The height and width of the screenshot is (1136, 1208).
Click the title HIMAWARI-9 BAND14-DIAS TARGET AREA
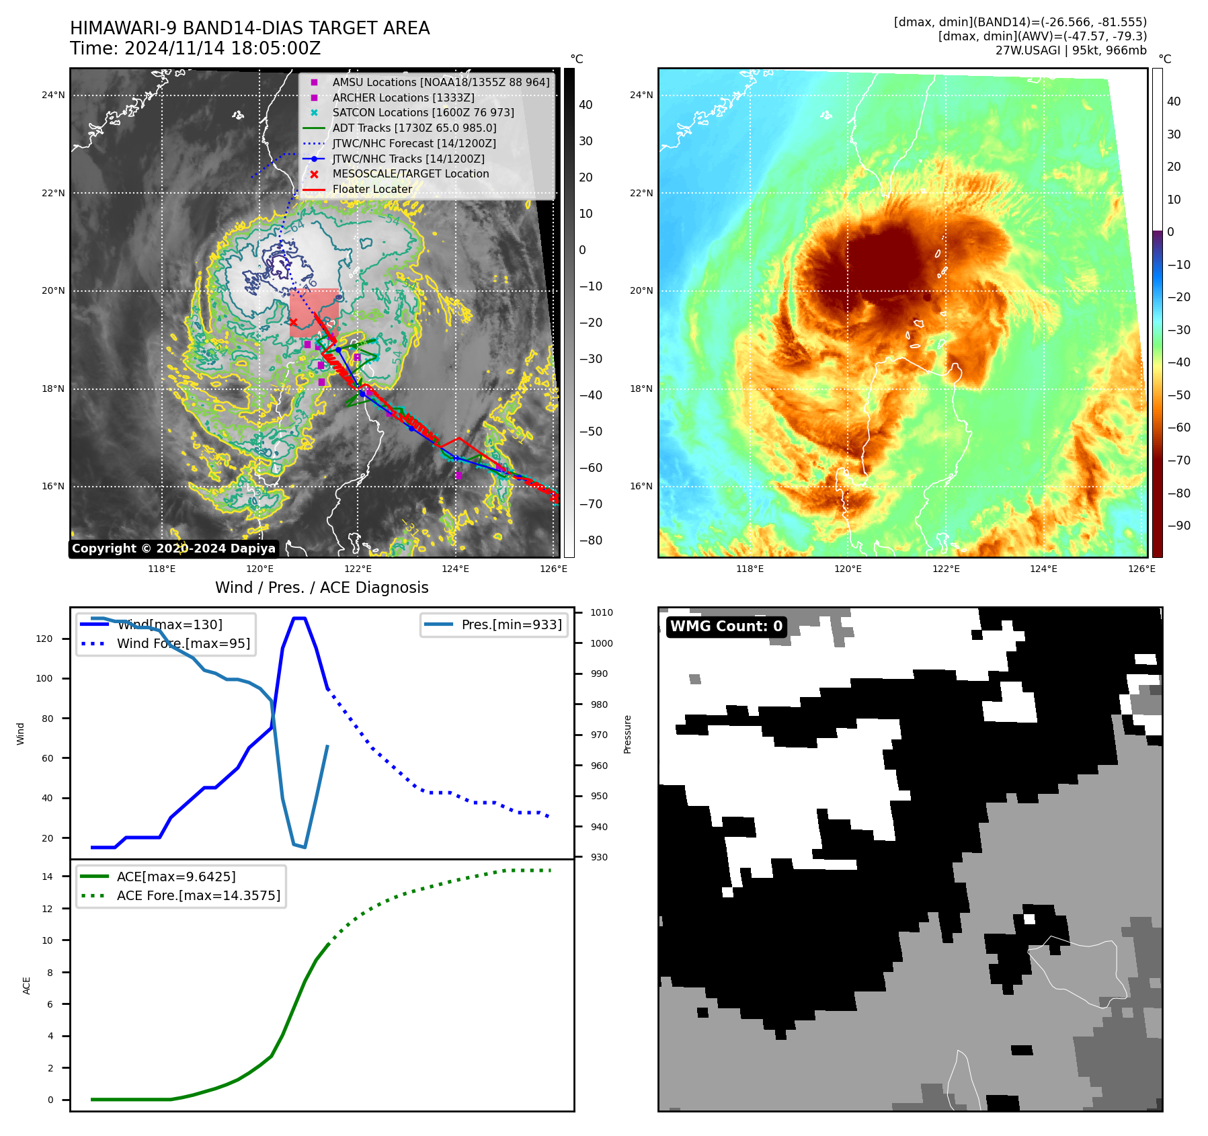click(249, 28)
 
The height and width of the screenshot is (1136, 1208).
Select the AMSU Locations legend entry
click(440, 82)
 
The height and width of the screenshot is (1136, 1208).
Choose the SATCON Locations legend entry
click(423, 113)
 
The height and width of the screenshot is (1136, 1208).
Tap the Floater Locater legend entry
click(372, 190)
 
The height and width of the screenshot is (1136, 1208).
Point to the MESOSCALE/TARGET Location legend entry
click(410, 174)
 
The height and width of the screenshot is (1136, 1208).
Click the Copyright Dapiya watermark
click(173, 549)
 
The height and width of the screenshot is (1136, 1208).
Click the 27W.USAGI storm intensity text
click(1071, 50)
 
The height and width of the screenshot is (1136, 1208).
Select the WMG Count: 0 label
click(726, 626)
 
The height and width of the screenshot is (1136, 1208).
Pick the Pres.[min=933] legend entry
click(511, 625)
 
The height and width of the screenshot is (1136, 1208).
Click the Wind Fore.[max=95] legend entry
click(183, 644)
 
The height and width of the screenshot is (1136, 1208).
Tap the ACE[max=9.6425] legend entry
click(176, 877)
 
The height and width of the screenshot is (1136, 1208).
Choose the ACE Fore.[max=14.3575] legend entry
click(198, 896)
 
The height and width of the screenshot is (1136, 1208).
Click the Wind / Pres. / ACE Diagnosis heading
click(321, 587)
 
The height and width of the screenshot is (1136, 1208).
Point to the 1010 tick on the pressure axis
click(601, 613)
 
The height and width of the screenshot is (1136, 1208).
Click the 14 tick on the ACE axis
click(48, 877)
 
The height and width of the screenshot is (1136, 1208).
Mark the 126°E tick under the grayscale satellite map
click(553, 569)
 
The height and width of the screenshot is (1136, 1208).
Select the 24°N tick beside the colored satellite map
click(641, 95)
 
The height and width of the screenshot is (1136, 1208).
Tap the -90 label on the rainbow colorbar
click(1178, 526)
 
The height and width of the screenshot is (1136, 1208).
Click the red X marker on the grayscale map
click(293, 323)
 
